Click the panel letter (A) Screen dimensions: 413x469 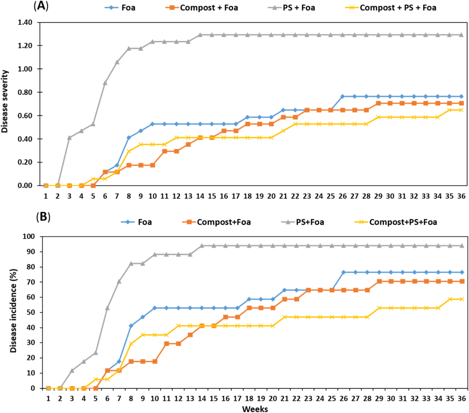coord(41,6)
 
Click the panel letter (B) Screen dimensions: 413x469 coord(43,217)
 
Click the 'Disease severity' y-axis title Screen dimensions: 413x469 coord(5,101)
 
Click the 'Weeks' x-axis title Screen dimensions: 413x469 coord(255,409)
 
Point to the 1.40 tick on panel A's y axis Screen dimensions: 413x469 coord(25,22)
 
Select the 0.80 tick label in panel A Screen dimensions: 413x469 coord(25,92)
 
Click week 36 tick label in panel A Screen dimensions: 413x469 coord(461,196)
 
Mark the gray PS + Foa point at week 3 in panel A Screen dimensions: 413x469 coord(70,137)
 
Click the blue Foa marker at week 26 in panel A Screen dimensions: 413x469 coord(342,96)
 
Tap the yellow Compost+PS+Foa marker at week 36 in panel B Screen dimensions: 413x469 coord(462,299)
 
